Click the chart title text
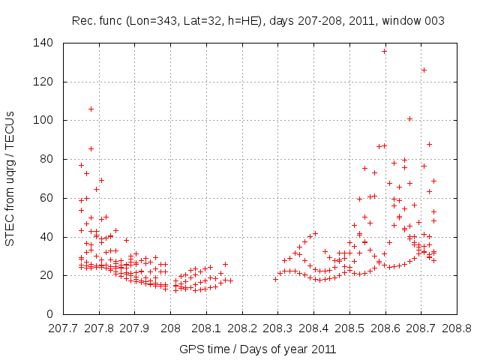(x=257, y=21)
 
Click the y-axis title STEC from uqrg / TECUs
(x=10, y=178)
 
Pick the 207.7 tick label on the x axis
(x=63, y=328)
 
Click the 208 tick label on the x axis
(x=170, y=328)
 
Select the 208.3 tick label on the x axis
(x=277, y=328)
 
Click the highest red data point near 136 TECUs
(x=384, y=51)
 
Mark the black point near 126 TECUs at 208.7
(x=424, y=70)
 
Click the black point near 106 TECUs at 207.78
(x=91, y=109)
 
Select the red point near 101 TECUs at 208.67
(x=409, y=118)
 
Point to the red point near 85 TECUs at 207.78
(x=91, y=148)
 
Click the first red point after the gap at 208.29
(x=275, y=279)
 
